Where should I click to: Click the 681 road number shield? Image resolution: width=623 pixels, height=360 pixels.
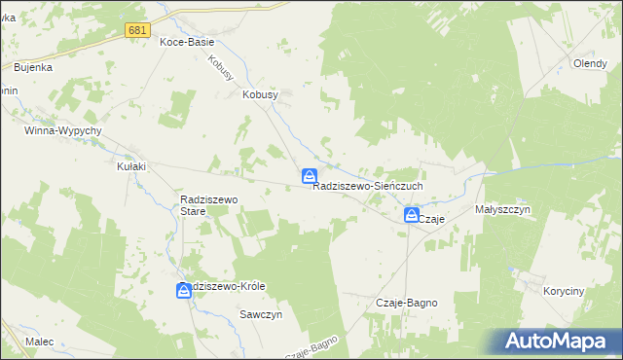pos(137,31)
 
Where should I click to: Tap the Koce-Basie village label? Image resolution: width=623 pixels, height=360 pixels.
pos(187,43)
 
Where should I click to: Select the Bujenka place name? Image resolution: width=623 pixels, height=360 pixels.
pos(33,67)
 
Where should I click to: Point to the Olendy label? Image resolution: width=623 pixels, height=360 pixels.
pos(590,64)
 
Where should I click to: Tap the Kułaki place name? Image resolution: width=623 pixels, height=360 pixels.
pos(131,166)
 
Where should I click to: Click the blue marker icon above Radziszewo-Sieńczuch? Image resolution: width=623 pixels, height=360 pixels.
pos(309,176)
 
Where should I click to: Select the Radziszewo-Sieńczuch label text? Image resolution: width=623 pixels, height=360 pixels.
pos(368,188)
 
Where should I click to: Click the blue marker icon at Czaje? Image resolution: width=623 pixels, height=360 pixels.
pos(412,215)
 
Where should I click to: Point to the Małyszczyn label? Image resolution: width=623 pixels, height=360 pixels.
pos(502,208)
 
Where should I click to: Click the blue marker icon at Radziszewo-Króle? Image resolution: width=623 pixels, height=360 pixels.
pos(185,290)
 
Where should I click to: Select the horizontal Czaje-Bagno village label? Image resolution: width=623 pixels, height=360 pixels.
pos(407,303)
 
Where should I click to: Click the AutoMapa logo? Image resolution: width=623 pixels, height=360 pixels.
pos(558,342)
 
